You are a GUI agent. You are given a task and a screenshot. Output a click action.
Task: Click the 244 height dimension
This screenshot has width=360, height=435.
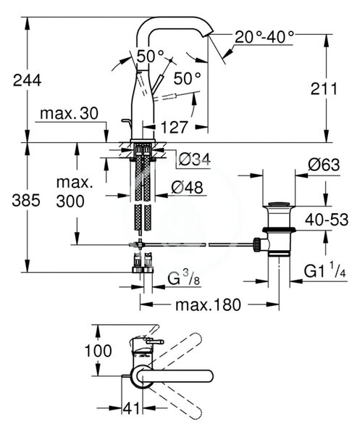tap(27, 80)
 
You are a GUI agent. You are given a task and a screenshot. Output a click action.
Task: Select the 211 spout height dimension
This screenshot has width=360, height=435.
tap(324, 89)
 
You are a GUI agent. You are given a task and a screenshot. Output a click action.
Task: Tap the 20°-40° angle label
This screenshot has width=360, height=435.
tap(264, 37)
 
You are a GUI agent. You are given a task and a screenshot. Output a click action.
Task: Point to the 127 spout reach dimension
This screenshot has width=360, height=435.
tap(175, 128)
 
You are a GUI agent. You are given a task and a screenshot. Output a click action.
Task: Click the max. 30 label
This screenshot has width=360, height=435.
tap(69, 114)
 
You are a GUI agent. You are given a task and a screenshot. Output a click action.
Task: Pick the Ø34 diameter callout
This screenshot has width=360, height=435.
tap(195, 159)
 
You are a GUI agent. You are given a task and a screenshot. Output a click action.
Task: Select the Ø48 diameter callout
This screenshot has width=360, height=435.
tap(187, 187)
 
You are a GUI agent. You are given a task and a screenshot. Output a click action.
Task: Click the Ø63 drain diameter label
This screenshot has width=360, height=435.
tap(323, 165)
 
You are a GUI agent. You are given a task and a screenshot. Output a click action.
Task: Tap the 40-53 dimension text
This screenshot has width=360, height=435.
tap(327, 220)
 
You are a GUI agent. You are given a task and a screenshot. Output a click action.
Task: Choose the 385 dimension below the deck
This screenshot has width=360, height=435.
tap(26, 200)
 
